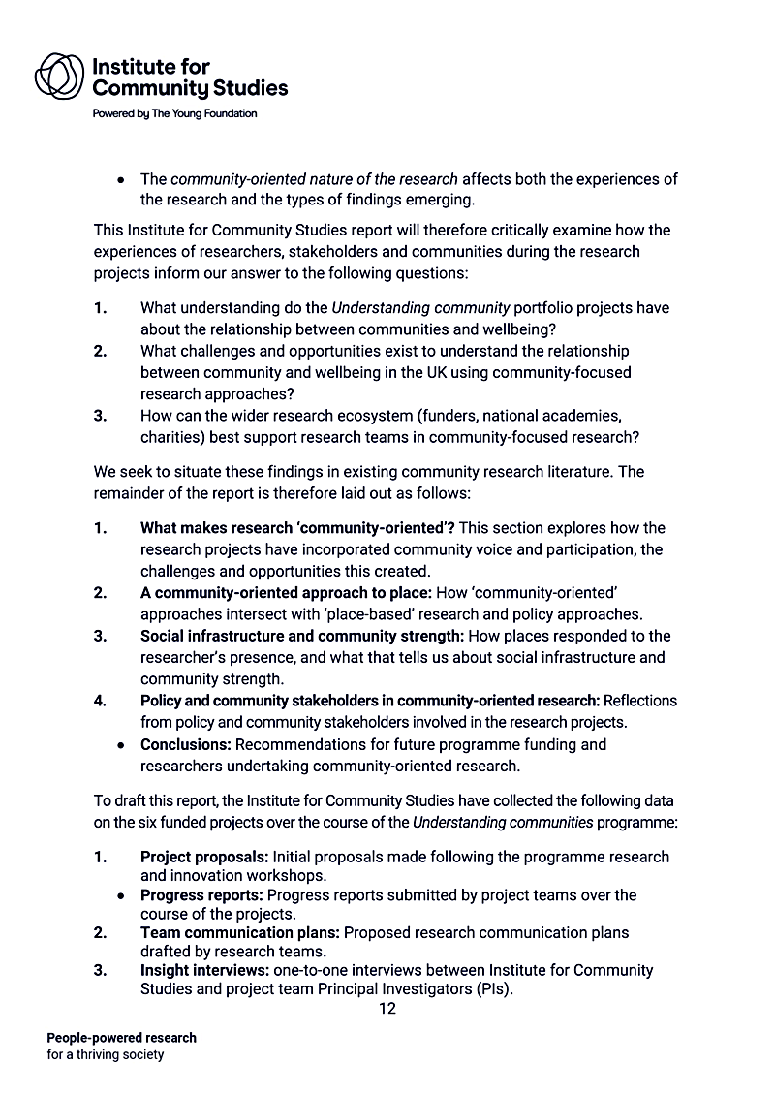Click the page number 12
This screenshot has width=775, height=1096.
tap(387, 1009)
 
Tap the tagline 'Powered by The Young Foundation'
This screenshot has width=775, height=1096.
tap(174, 113)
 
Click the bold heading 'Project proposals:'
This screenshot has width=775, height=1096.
tap(204, 857)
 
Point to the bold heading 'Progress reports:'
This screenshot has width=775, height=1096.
tap(201, 894)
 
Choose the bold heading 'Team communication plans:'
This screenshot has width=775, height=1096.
tap(240, 932)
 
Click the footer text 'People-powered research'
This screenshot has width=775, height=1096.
tap(121, 1038)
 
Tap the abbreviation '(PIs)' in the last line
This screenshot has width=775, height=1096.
tap(489, 989)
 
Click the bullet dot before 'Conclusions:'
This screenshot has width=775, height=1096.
tap(121, 746)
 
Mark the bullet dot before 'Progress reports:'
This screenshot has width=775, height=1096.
tap(121, 895)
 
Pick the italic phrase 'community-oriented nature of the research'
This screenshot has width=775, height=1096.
tap(314, 179)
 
